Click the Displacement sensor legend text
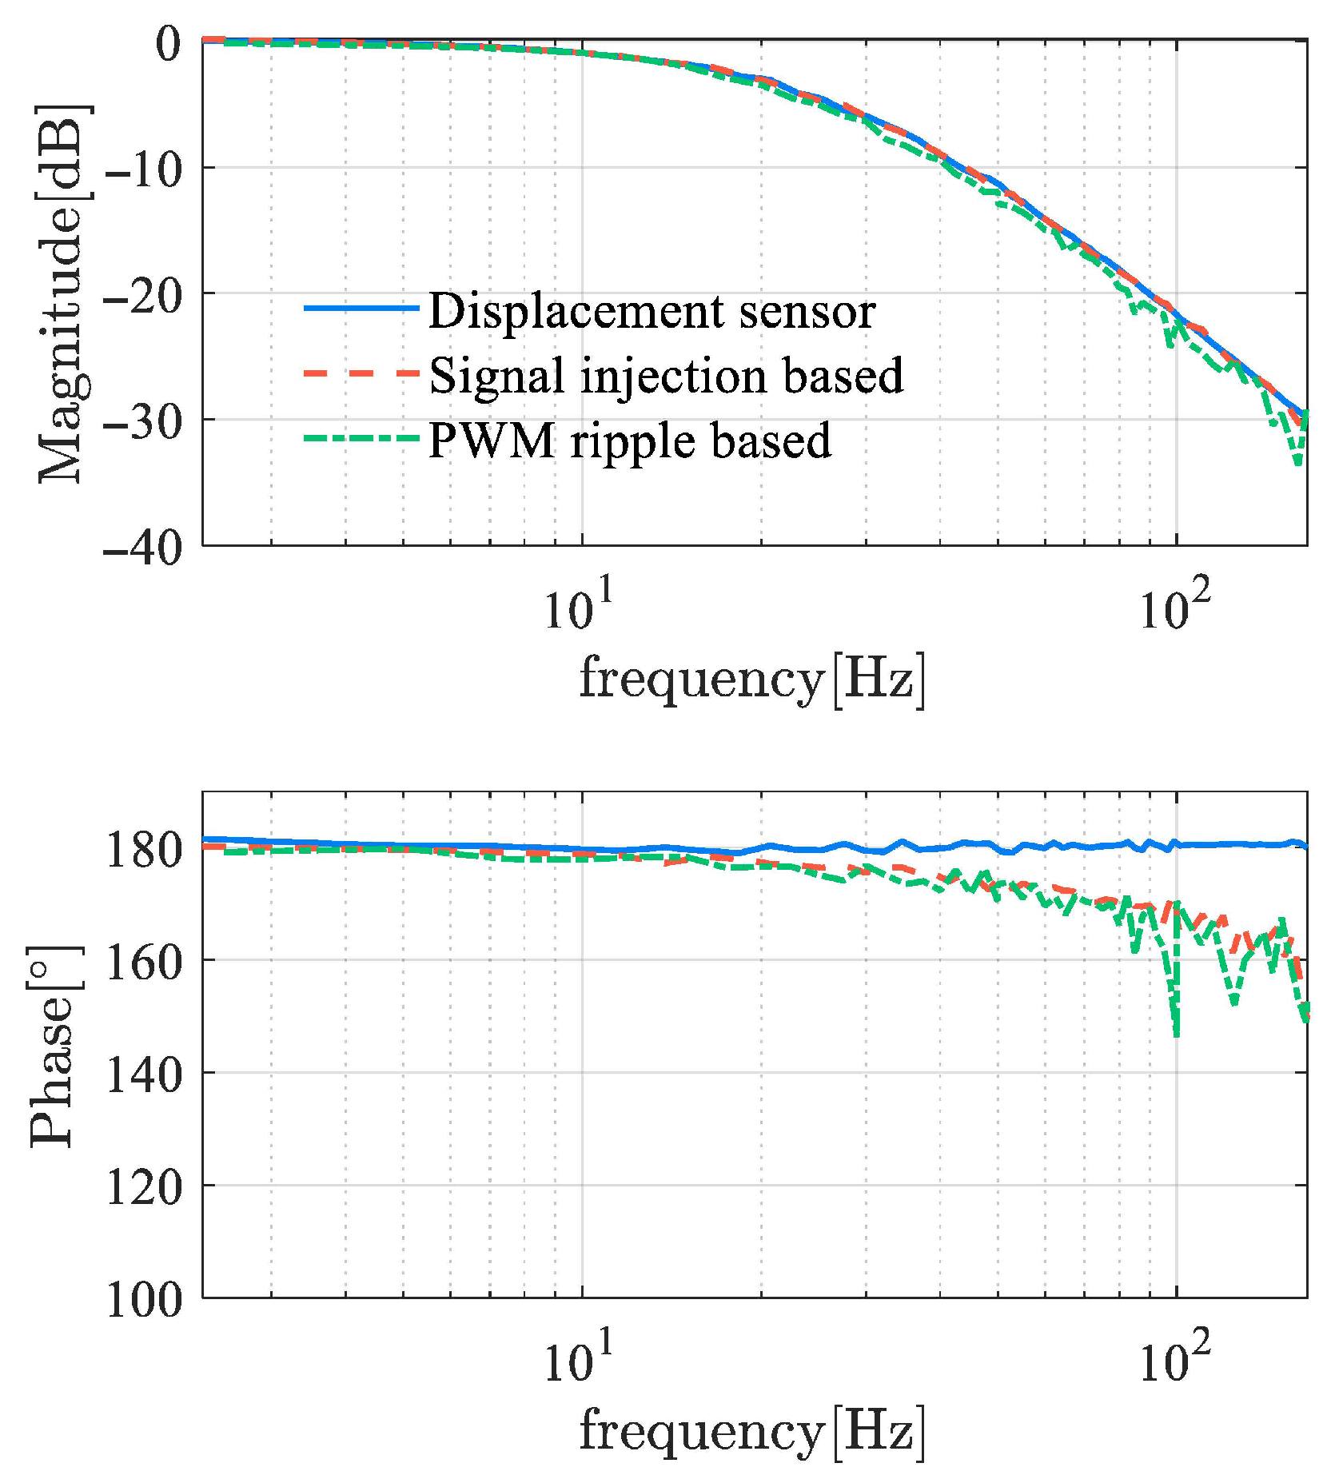coord(652,312)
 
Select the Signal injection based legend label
coord(666,376)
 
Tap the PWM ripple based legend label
coord(630,441)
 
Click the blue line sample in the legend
coord(361,308)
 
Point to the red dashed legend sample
coord(361,373)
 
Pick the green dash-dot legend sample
coord(361,437)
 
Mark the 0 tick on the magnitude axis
coord(169,43)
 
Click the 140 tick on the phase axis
coord(145,1074)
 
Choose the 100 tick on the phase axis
coord(145,1299)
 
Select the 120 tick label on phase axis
coord(145,1187)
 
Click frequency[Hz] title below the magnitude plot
coord(751,679)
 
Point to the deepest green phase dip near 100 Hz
coord(1176,1033)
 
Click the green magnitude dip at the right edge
coord(1299,462)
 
